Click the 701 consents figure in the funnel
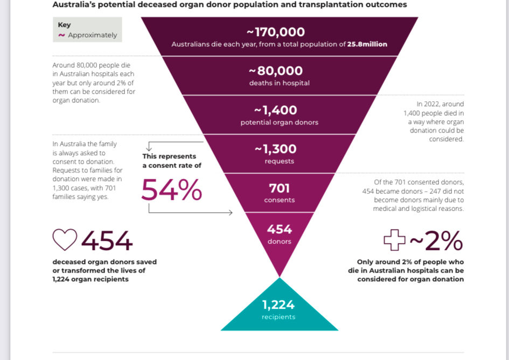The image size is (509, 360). pyautogui.click(x=279, y=188)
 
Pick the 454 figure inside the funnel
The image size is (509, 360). pyautogui.click(x=279, y=229)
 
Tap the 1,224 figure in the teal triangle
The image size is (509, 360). pyautogui.click(x=279, y=305)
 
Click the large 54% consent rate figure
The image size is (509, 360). pyautogui.click(x=172, y=189)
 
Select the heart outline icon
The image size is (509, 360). pyautogui.click(x=65, y=240)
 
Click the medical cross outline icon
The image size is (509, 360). pyautogui.click(x=394, y=240)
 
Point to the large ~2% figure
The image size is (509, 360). pyautogui.click(x=436, y=242)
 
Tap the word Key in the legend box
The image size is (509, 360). pyautogui.click(x=64, y=25)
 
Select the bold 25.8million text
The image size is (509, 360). pyautogui.click(x=367, y=44)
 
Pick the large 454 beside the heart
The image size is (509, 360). pyautogui.click(x=107, y=241)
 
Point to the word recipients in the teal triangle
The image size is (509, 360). pyautogui.click(x=279, y=317)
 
